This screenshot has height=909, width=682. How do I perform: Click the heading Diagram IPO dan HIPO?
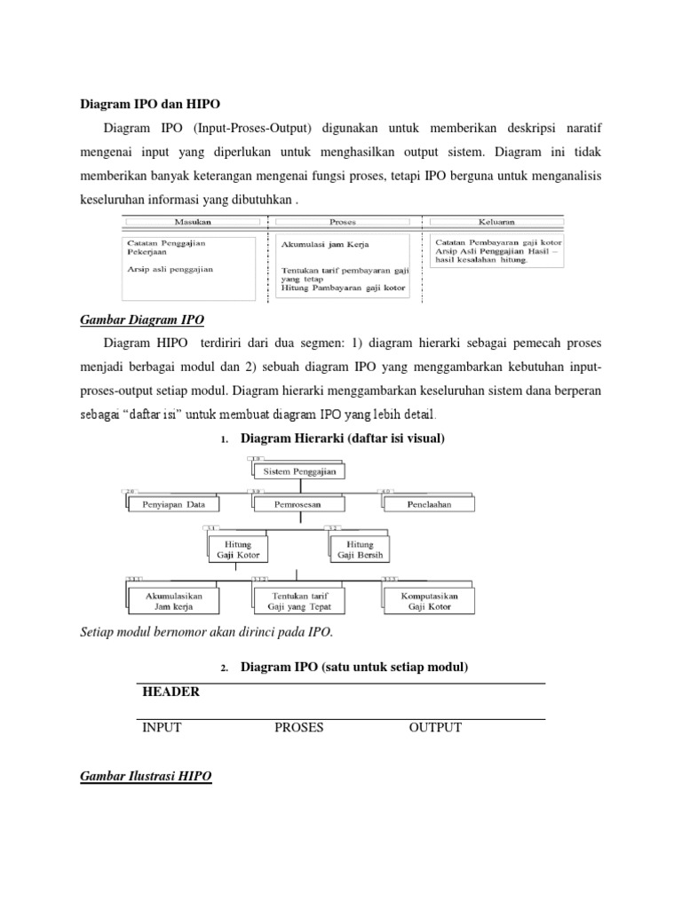point(152,103)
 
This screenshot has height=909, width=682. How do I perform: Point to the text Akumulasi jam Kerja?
point(326,244)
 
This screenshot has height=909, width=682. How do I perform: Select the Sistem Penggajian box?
point(299,472)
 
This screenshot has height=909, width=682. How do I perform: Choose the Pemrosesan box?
point(297,504)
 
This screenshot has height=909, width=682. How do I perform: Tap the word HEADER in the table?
point(170,692)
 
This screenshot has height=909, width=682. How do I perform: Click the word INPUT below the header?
point(162,728)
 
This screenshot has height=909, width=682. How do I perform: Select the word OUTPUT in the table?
point(435,728)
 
